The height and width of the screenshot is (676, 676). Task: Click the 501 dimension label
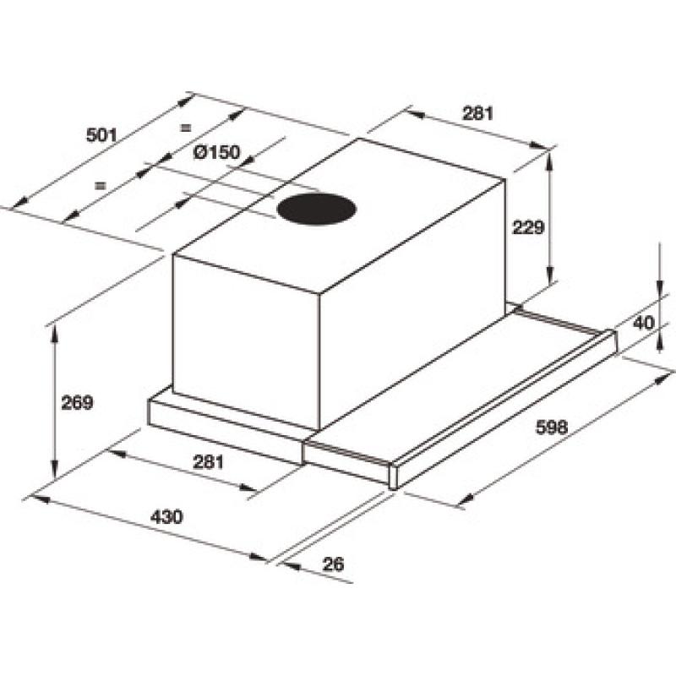point(101,135)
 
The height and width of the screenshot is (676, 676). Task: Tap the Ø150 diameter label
point(216,152)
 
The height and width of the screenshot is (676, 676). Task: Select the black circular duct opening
point(316,210)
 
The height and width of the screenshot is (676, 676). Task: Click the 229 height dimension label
point(529,227)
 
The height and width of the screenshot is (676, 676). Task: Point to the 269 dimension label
point(77,403)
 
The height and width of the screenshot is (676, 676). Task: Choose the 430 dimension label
point(166,516)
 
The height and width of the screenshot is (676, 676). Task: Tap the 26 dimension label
point(333,564)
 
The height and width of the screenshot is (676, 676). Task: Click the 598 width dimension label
point(552,427)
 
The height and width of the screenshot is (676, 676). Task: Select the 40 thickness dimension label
point(644,323)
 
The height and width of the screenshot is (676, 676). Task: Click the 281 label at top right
point(477,113)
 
